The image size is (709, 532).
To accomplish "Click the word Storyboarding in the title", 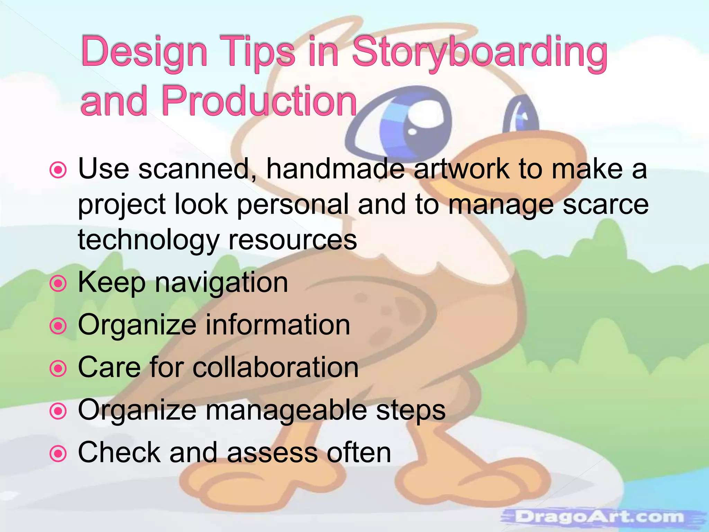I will pyautogui.click(x=479, y=53).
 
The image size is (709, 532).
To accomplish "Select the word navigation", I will pyautogui.click(x=221, y=283).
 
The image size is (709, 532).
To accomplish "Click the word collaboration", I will pyautogui.click(x=275, y=367).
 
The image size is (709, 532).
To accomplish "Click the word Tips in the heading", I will pyautogui.click(x=258, y=53).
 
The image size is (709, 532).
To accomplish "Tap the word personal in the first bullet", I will pyautogui.click(x=293, y=204).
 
